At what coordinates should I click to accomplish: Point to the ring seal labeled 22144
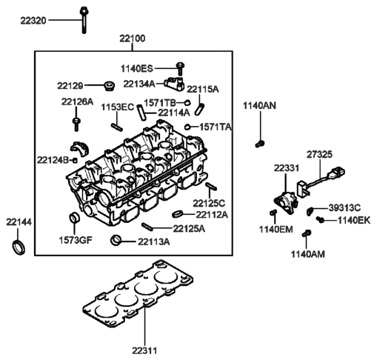pyautogui.click(x=17, y=246)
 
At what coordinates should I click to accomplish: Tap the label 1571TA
pyautogui.click(x=215, y=127)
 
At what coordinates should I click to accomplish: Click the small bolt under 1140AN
pyautogui.click(x=260, y=141)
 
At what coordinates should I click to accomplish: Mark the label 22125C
pyautogui.click(x=209, y=202)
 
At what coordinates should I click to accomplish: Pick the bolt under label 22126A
pyautogui.click(x=76, y=122)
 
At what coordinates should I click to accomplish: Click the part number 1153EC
pyautogui.click(x=117, y=107)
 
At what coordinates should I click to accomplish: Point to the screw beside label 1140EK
pyautogui.click(x=320, y=220)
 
